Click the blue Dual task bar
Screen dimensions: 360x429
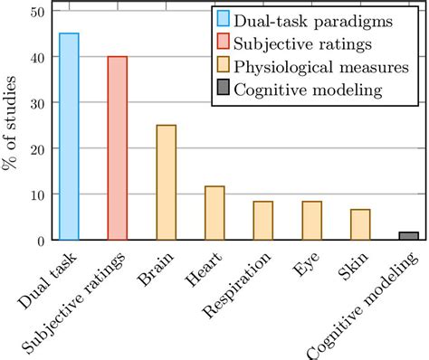(69, 137)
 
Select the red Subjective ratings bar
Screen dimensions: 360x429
(118, 148)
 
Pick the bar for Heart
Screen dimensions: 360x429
(214, 213)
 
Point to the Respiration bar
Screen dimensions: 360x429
(263, 221)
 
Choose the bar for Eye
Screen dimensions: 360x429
(311, 221)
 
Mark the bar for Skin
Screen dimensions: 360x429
(360, 224)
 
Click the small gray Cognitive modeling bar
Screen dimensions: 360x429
(408, 236)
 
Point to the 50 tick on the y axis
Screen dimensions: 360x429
(36, 11)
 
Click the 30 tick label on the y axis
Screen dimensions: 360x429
(36, 103)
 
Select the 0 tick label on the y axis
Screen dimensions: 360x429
(40, 241)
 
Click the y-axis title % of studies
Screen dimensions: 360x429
(12, 126)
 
